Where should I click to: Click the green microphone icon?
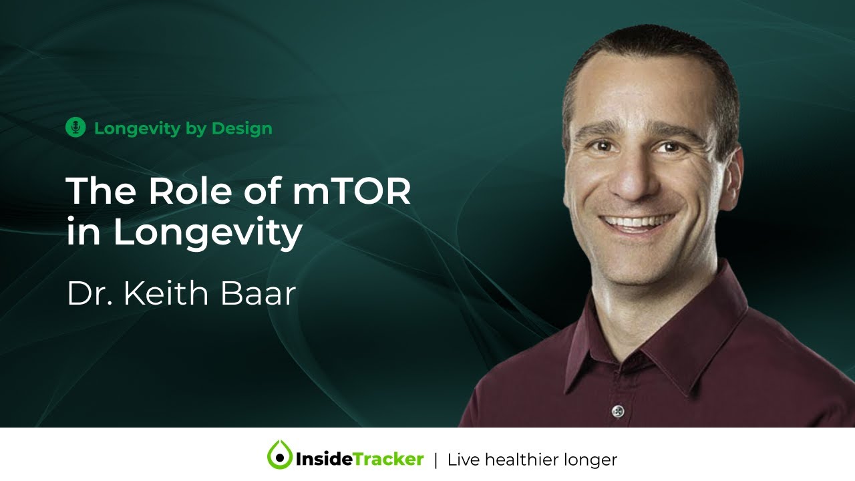tap(75, 128)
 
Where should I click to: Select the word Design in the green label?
tap(242, 128)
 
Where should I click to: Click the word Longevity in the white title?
tap(207, 232)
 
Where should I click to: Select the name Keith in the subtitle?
tap(164, 294)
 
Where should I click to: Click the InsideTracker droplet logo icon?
tap(279, 456)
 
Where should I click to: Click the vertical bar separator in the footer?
tap(436, 460)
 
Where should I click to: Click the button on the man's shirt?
tap(617, 410)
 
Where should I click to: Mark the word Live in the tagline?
tap(462, 460)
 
